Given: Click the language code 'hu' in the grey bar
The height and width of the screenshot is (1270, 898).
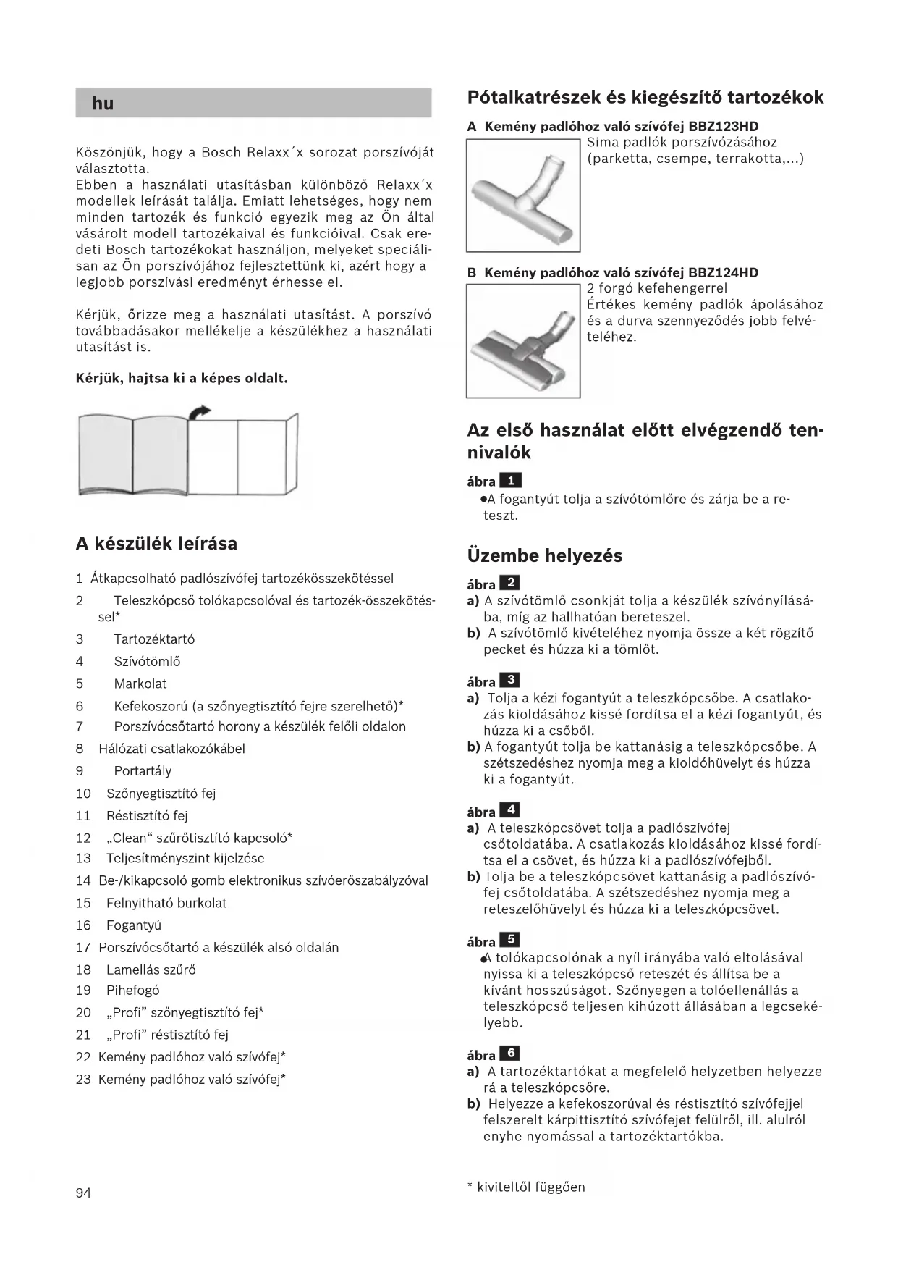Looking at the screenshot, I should tap(103, 104).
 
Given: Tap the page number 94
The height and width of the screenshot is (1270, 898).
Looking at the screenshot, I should tap(83, 1193).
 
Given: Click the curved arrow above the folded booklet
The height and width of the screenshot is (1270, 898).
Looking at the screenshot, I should tap(199, 412).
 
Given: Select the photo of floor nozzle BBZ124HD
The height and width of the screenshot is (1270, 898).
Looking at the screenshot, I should tap(522, 340).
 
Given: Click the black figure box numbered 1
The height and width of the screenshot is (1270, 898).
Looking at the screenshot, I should tap(510, 480).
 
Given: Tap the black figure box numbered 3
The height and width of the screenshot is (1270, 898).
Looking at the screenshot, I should tap(510, 680).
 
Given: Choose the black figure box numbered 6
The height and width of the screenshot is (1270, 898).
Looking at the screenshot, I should tap(510, 1054).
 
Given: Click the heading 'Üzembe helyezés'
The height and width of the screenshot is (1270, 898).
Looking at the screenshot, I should tap(544, 556).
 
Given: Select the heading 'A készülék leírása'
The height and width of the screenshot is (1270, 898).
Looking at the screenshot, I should tap(156, 544).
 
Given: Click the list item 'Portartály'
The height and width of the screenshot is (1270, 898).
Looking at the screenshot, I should tap(143, 771).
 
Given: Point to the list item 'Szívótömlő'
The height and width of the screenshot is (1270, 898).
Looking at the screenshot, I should tap(147, 662).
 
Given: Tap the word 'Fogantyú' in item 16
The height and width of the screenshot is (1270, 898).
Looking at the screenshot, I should tap(134, 925).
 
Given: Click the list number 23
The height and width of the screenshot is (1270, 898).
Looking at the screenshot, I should tap(83, 1080).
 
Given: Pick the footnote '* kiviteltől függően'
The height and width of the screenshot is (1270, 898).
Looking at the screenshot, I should tap(526, 1187).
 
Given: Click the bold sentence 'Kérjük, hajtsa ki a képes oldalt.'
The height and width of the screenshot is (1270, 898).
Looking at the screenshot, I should tap(182, 379).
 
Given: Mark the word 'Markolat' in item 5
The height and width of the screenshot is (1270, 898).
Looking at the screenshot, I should tap(140, 684).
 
